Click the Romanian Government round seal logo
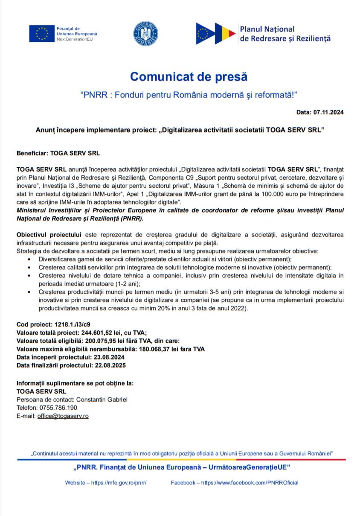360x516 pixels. tap(146, 33)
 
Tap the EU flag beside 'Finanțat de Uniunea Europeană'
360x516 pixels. tap(42, 33)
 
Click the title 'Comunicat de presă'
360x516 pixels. tap(189, 77)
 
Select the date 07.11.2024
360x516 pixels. tap(328, 112)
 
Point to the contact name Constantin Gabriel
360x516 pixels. tap(102, 399)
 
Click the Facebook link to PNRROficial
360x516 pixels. tap(250, 483)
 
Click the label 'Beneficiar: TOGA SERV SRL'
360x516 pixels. tap(58, 152)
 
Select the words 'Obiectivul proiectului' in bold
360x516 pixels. tap(49, 235)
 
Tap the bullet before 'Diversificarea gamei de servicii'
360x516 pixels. tap(29, 259)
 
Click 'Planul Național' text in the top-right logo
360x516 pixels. tap(267, 29)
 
